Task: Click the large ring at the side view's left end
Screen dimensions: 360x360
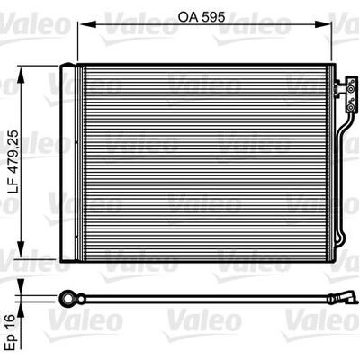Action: click(69, 297)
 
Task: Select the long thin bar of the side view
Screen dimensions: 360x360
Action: click(207, 298)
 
